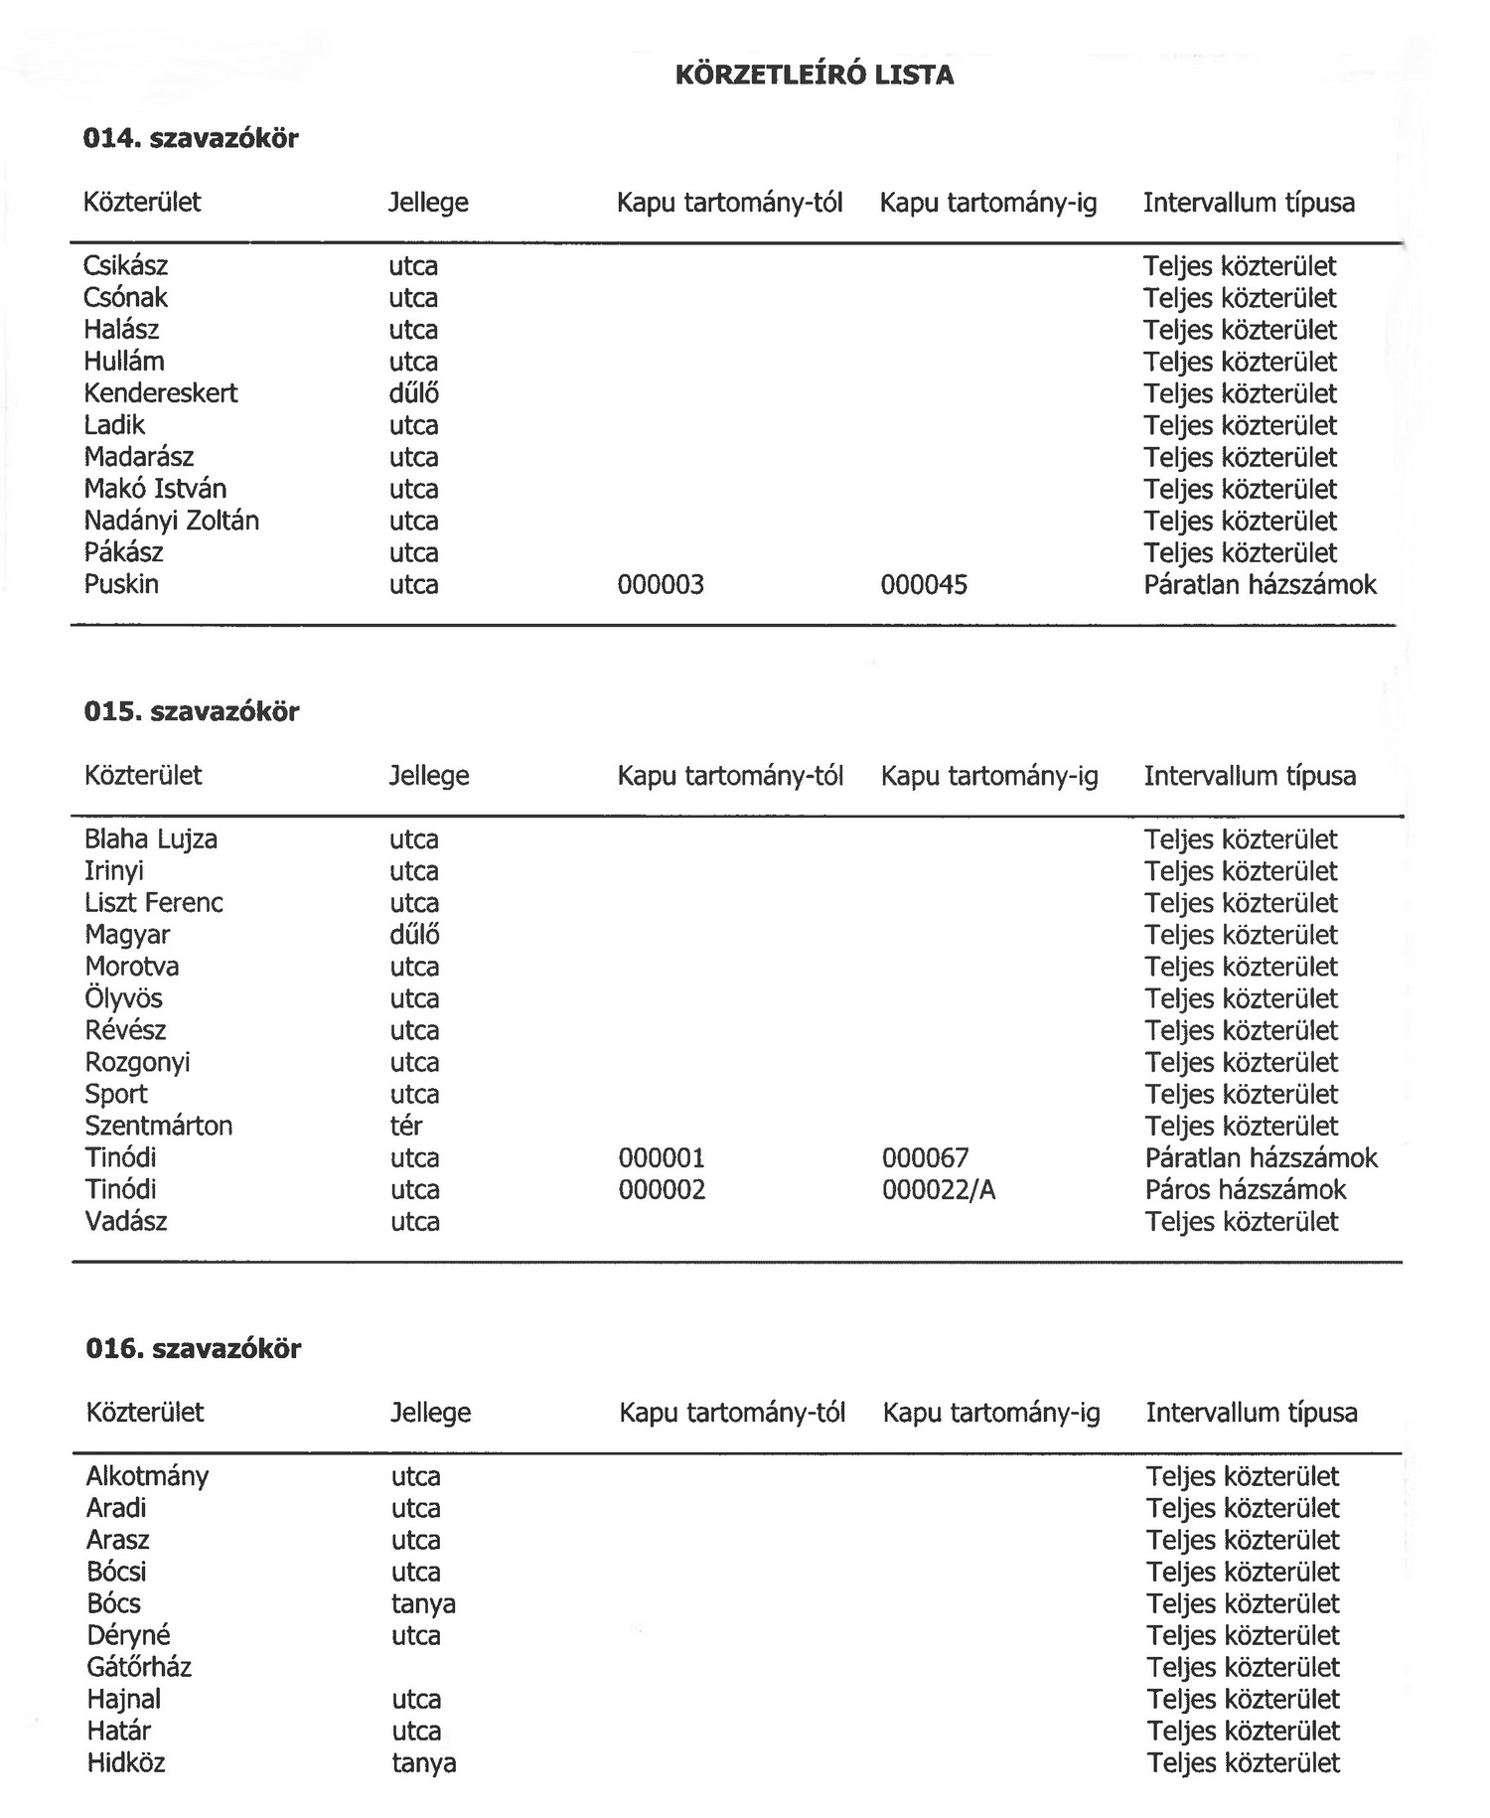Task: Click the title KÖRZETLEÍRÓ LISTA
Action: click(x=814, y=76)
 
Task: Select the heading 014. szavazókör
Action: click(x=190, y=138)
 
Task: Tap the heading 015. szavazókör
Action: click(x=191, y=711)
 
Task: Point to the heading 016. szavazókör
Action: click(x=193, y=1348)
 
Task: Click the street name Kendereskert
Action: click(x=160, y=393)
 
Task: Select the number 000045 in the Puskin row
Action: click(x=923, y=584)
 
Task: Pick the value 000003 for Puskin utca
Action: click(x=660, y=584)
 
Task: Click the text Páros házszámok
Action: click(x=1245, y=1189)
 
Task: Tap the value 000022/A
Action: click(x=938, y=1189)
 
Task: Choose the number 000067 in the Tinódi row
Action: click(x=925, y=1157)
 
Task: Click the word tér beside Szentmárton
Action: click(x=405, y=1126)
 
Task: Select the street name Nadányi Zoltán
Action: click(x=171, y=521)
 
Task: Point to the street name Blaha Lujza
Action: click(x=150, y=839)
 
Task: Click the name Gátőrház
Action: click(x=138, y=1667)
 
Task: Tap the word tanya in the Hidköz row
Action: click(x=423, y=1762)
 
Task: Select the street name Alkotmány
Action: click(x=147, y=1476)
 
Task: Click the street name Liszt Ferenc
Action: click(x=153, y=903)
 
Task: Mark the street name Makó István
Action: click(x=155, y=489)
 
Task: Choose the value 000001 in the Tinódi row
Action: click(x=661, y=1157)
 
